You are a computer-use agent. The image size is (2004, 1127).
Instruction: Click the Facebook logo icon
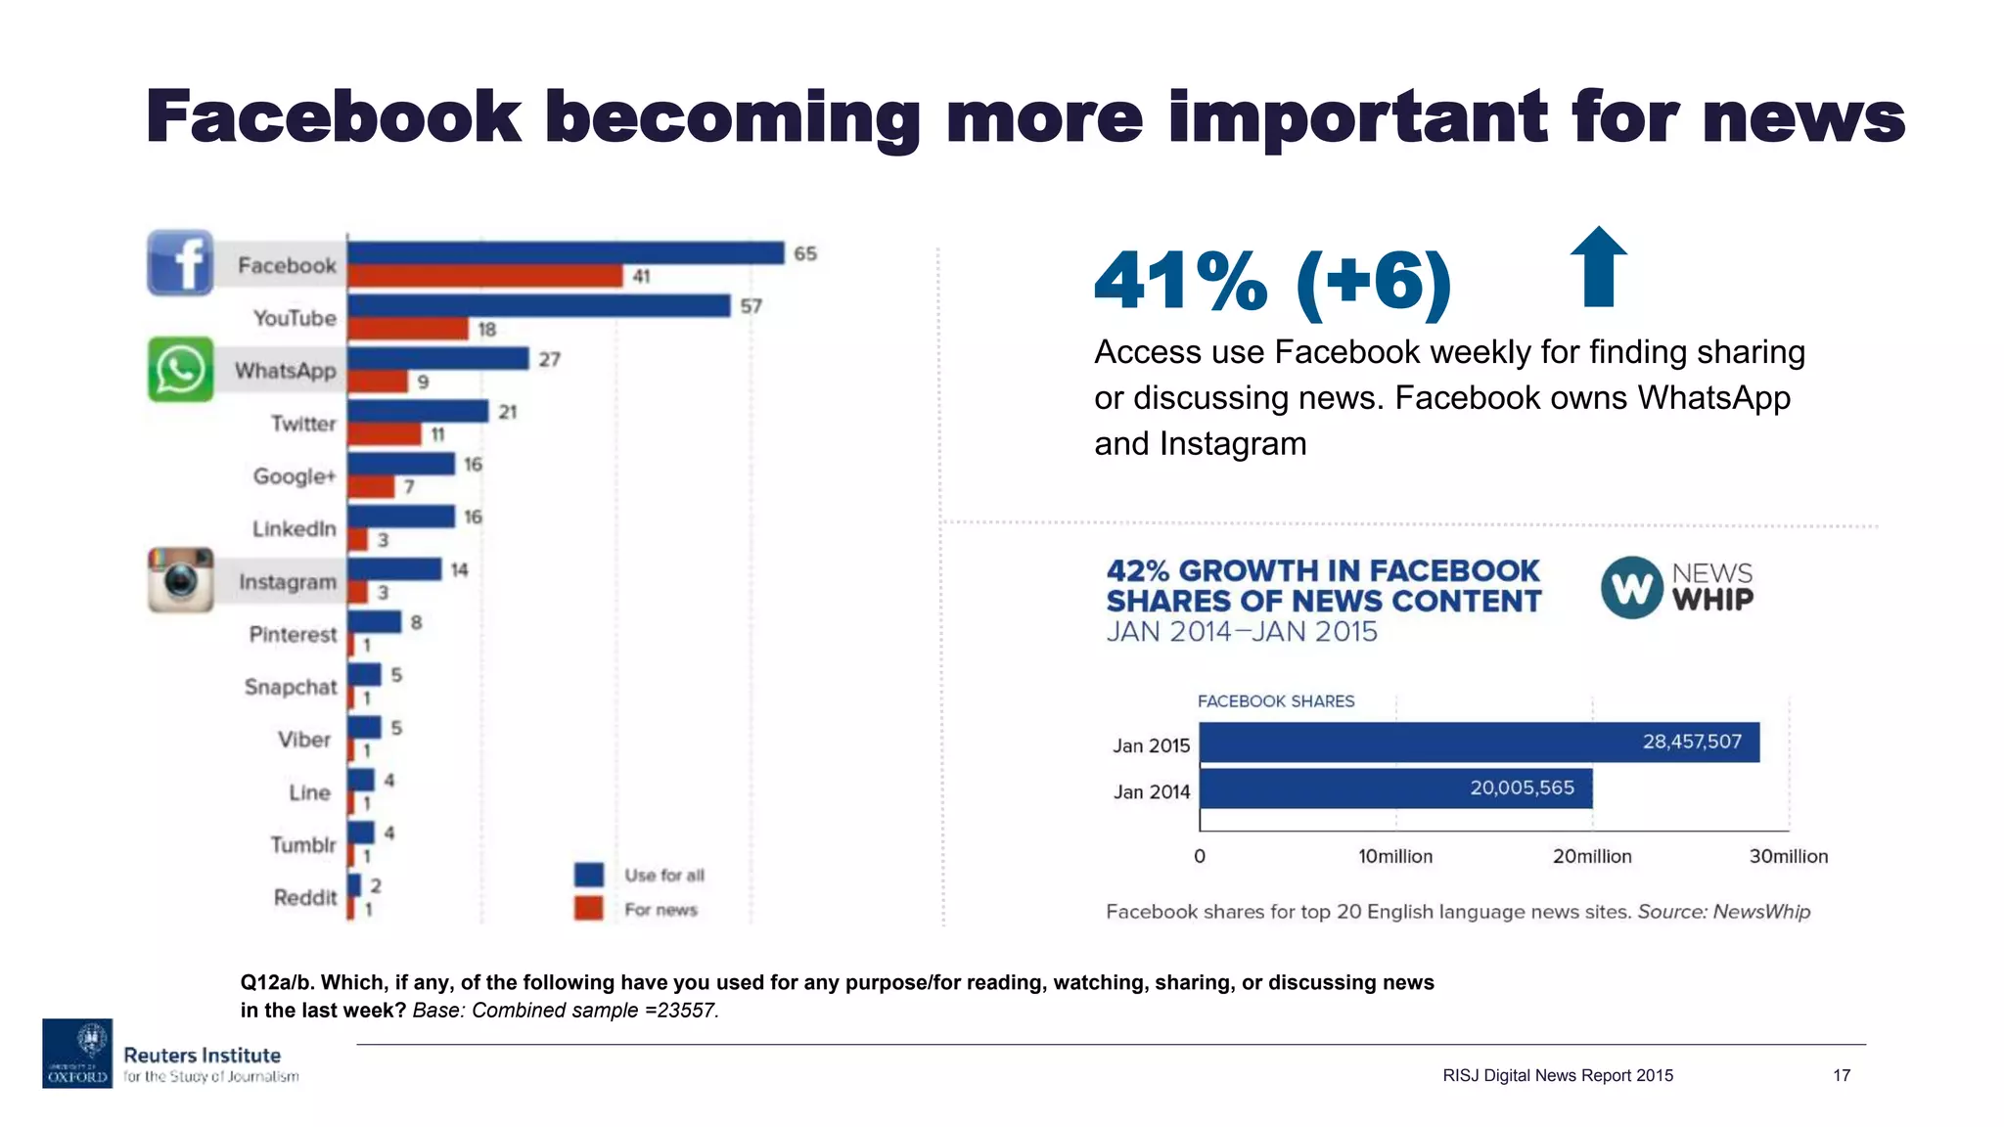pyautogui.click(x=180, y=263)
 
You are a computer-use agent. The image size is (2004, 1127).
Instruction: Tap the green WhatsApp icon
pyautogui.click(x=180, y=370)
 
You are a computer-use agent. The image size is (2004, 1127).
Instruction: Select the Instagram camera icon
pyautogui.click(x=181, y=580)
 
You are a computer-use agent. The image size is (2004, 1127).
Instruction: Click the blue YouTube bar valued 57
pyautogui.click(x=539, y=306)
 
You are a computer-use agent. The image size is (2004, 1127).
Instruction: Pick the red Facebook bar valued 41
pyautogui.click(x=485, y=277)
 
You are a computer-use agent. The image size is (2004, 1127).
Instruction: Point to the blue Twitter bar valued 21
pyautogui.click(x=418, y=411)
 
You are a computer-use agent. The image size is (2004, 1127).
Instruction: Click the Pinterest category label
pyautogui.click(x=293, y=634)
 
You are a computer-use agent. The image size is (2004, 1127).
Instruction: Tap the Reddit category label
pyautogui.click(x=304, y=897)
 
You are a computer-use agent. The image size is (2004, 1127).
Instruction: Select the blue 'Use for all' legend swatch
pyautogui.click(x=589, y=875)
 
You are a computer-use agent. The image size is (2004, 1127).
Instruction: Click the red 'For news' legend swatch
pyautogui.click(x=589, y=909)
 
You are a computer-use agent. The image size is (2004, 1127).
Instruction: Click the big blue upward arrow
pyautogui.click(x=1598, y=267)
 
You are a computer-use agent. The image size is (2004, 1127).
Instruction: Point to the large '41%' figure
pyautogui.click(x=1180, y=282)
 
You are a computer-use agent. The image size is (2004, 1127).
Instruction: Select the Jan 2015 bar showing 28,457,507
pyautogui.click(x=1479, y=743)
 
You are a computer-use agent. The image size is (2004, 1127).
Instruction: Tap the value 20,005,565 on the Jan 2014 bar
pyautogui.click(x=1522, y=789)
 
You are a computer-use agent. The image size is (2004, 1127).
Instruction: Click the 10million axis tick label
pyautogui.click(x=1394, y=857)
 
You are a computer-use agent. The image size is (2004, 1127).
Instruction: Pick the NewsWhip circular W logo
pyautogui.click(x=1631, y=588)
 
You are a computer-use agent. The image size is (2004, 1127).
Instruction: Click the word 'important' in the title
pyautogui.click(x=1357, y=117)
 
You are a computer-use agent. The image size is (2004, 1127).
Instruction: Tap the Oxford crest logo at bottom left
pyautogui.click(x=77, y=1053)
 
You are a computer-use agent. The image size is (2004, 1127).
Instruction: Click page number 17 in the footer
pyautogui.click(x=1841, y=1075)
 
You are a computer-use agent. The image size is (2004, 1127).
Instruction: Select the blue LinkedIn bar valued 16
pyautogui.click(x=401, y=516)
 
